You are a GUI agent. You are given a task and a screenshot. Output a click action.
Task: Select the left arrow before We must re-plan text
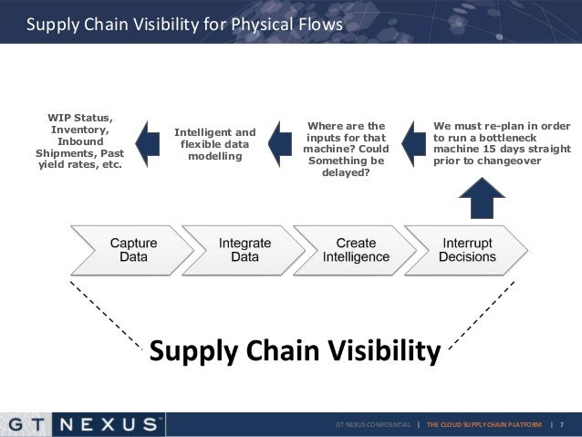tap(411, 144)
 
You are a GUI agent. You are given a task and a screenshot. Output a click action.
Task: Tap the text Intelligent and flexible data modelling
tap(215, 144)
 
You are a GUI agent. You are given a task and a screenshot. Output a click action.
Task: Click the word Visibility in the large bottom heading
tap(371, 350)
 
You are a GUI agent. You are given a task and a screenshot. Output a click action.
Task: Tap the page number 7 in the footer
tap(562, 425)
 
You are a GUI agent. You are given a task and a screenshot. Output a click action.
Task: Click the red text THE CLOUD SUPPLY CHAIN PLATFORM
tap(488, 425)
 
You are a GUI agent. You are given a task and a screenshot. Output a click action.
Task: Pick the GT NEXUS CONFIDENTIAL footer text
tap(372, 425)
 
